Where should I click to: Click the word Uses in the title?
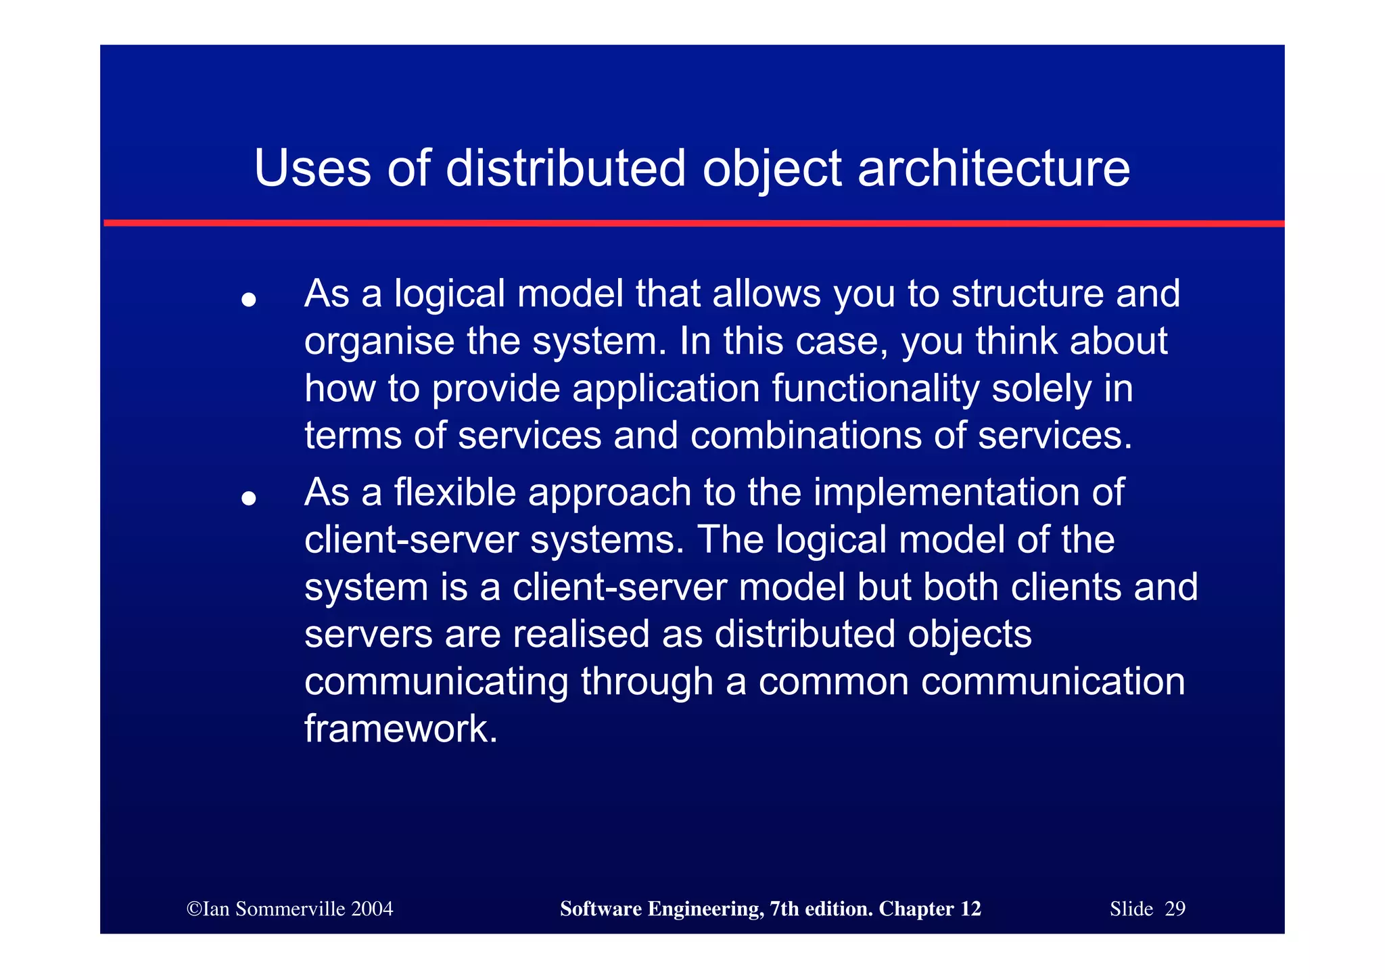pos(312,168)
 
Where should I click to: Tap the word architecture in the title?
pos(993,168)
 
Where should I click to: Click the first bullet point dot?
pos(249,299)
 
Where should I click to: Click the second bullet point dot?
pos(249,499)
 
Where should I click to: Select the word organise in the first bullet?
pos(379,342)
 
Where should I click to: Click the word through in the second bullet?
pos(647,681)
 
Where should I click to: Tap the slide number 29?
pos(1175,909)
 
